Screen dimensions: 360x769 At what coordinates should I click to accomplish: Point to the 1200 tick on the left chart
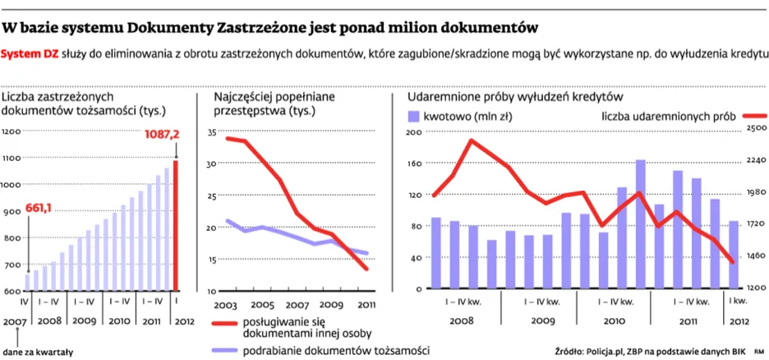point(11,132)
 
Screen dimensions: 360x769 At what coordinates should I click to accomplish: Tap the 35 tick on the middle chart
point(210,132)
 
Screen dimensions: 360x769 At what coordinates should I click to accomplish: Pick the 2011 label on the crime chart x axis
point(367,304)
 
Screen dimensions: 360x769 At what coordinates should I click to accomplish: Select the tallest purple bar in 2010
point(640,224)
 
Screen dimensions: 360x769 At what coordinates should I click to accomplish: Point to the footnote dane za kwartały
point(38,353)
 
